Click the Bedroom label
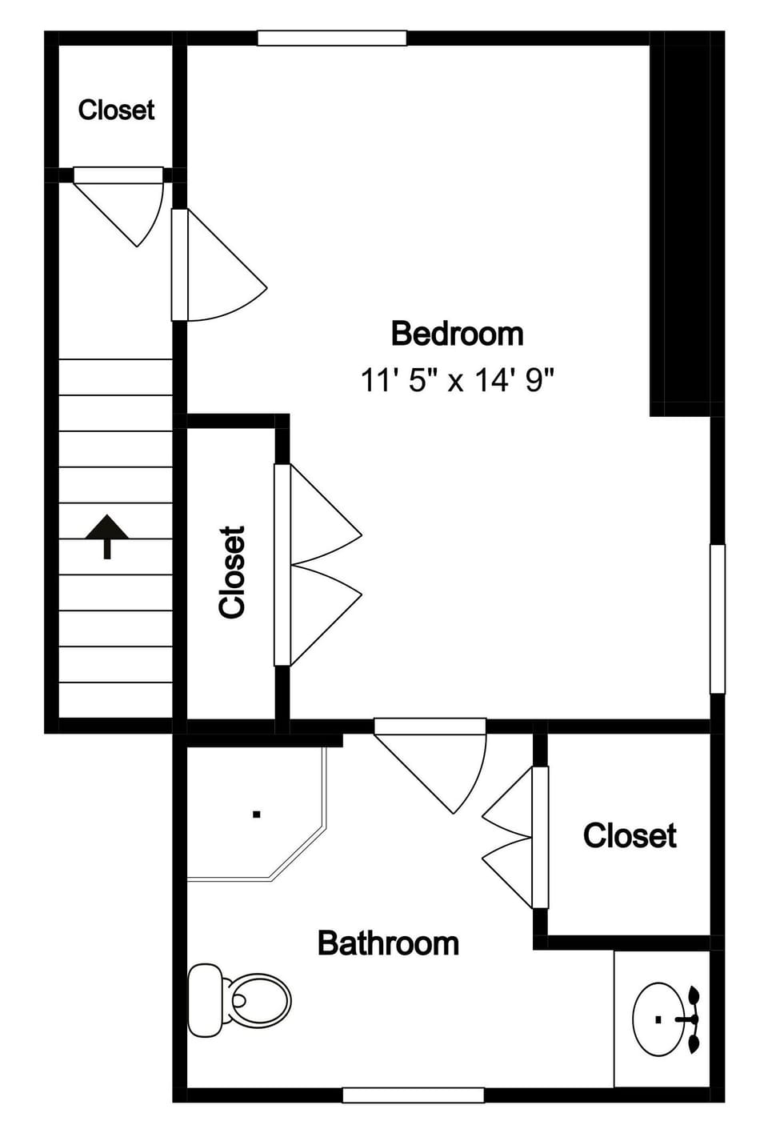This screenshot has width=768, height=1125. [x=457, y=334]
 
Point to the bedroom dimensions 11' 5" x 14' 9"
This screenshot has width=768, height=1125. [x=457, y=379]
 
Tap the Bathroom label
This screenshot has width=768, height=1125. [x=388, y=943]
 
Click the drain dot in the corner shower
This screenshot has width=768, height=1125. [x=257, y=815]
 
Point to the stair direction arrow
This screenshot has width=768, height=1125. [x=107, y=535]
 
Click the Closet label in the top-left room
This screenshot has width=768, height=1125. [x=116, y=110]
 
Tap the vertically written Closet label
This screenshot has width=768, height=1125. [x=232, y=571]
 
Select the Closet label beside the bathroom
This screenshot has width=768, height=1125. [x=630, y=835]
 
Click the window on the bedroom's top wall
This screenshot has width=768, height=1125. [x=332, y=38]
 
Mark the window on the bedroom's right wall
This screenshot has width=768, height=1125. [x=718, y=619]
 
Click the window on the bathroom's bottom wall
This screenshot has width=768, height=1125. [x=413, y=1095]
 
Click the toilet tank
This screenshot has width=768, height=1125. [x=204, y=1000]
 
